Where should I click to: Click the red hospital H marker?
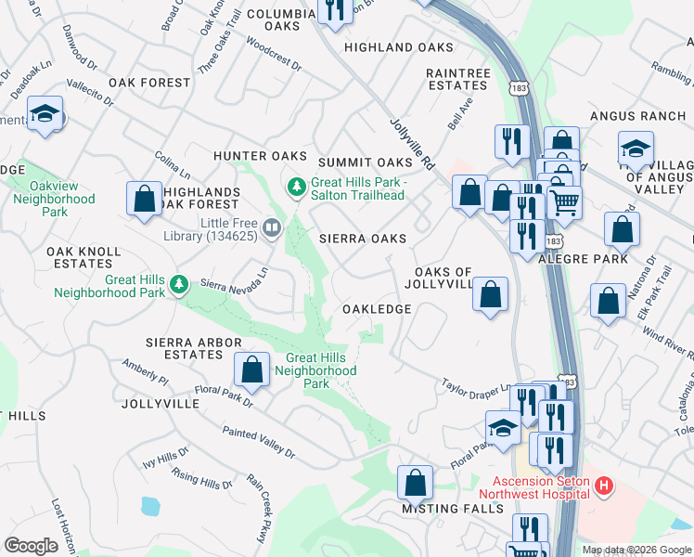pyautogui.click(x=604, y=485)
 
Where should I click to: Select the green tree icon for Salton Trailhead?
pyautogui.click(x=297, y=188)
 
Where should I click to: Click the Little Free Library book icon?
pyautogui.click(x=272, y=227)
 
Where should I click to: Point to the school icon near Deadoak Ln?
pyautogui.click(x=45, y=114)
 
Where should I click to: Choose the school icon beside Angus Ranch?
pyautogui.click(x=636, y=149)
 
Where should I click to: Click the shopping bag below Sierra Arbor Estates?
pyautogui.click(x=251, y=369)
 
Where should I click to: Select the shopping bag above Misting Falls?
pyautogui.click(x=415, y=483)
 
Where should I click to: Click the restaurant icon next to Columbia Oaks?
pyautogui.click(x=332, y=9)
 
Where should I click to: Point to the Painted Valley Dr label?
pyautogui.click(x=258, y=443)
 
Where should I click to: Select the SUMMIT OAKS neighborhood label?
pyautogui.click(x=364, y=162)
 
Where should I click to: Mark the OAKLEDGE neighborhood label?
pyautogui.click(x=377, y=308)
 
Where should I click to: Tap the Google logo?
pyautogui.click(x=31, y=546)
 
